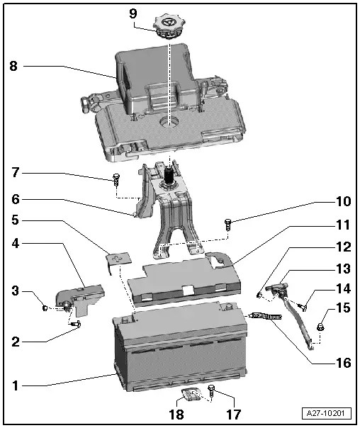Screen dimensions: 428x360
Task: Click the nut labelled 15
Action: click(x=320, y=327)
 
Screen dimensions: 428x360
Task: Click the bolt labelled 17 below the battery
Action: click(x=210, y=389)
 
